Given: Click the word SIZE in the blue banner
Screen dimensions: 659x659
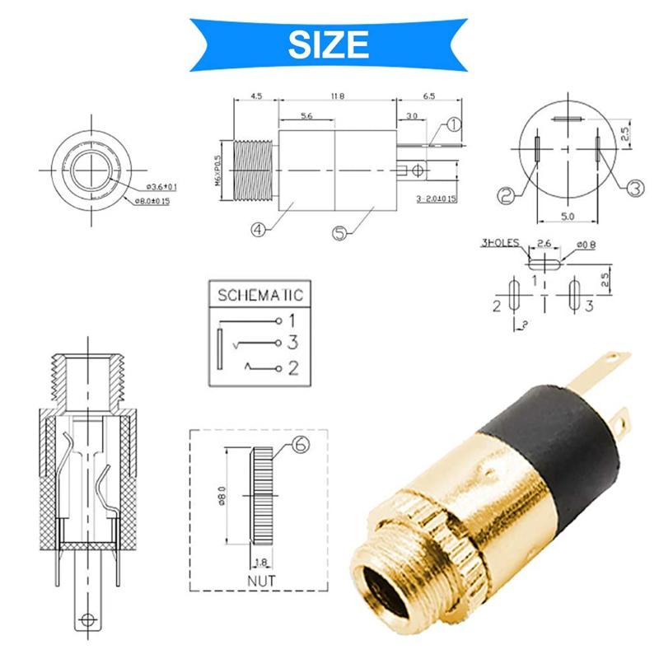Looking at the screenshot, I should click(x=329, y=42).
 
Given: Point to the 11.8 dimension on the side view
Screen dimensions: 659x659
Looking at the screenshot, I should click(x=337, y=96).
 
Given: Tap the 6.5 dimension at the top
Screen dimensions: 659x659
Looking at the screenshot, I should click(x=428, y=96).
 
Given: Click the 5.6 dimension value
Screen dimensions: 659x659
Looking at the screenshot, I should click(x=306, y=117).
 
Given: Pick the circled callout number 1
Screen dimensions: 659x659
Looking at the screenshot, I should click(x=453, y=125).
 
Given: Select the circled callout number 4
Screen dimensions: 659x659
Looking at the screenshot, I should click(x=258, y=231).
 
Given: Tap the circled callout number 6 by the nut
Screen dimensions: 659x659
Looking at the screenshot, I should click(x=301, y=446).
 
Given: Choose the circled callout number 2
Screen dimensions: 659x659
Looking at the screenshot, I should click(x=506, y=195).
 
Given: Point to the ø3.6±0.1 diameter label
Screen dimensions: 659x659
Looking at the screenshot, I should click(x=152, y=187).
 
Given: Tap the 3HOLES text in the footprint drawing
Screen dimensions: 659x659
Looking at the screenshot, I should click(x=502, y=244).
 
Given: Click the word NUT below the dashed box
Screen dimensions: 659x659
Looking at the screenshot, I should click(x=261, y=580).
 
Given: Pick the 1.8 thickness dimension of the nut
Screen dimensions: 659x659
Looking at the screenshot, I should click(x=261, y=563).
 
